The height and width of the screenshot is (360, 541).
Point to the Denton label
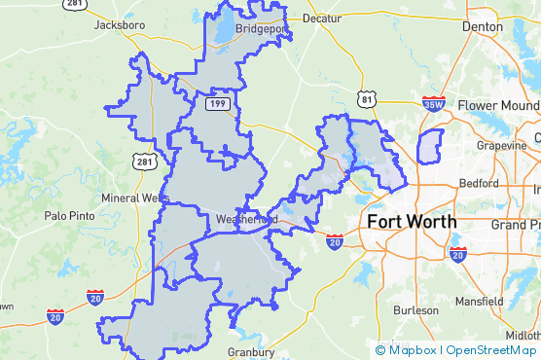click(x=485, y=26)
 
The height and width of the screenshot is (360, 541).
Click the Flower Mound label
click(x=497, y=105)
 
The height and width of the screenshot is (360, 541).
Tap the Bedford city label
click(x=479, y=182)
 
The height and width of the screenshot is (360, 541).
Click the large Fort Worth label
click(x=412, y=221)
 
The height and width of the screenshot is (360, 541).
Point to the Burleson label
click(x=415, y=310)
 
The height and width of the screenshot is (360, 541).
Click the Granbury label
click(x=251, y=351)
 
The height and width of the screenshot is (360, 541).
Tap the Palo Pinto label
click(x=68, y=216)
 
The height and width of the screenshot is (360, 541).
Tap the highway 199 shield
click(x=216, y=102)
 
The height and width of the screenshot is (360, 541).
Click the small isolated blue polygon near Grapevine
click(x=429, y=146)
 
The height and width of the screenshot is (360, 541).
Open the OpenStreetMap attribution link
click(x=491, y=350)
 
